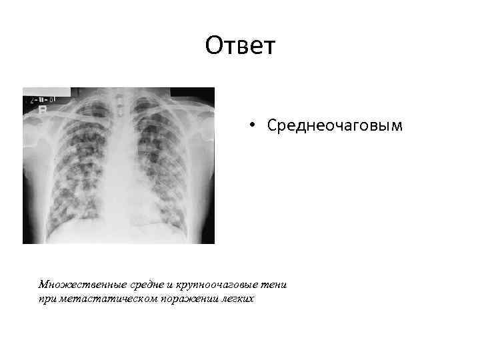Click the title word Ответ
click(x=240, y=46)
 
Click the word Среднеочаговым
click(x=334, y=125)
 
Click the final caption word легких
click(x=234, y=299)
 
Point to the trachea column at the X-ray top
click(x=121, y=107)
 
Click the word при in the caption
click(x=47, y=299)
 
